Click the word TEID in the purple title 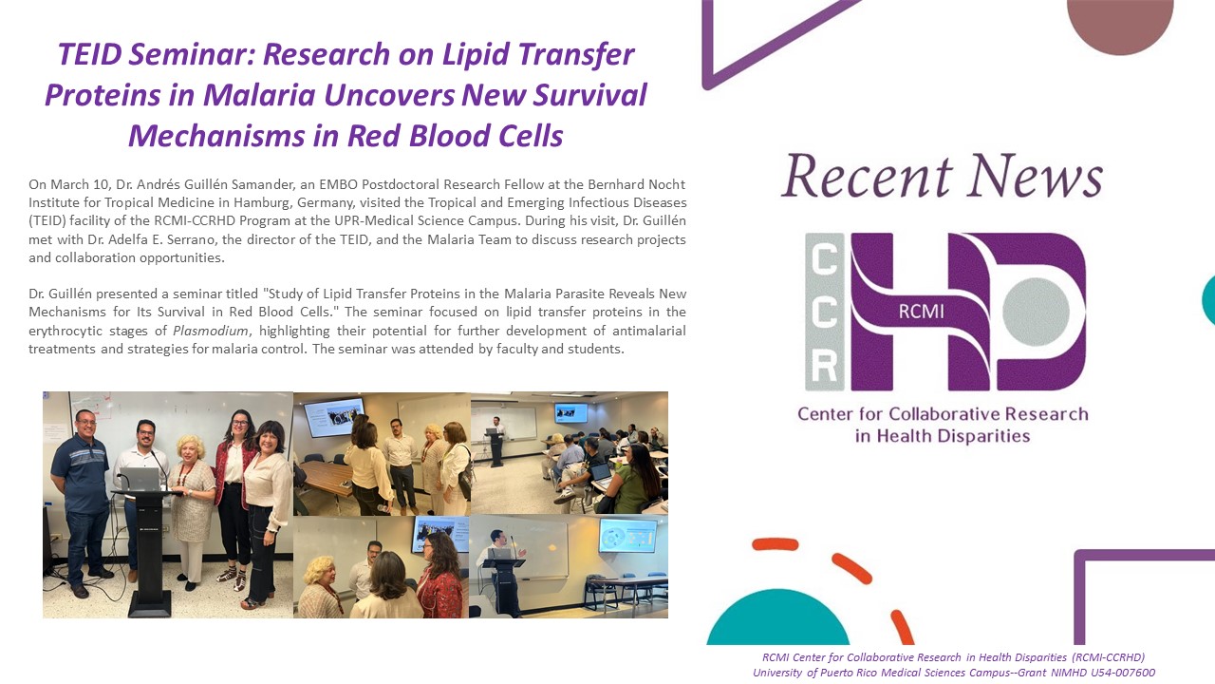click(x=89, y=54)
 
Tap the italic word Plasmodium click(x=211, y=331)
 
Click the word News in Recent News click(x=1036, y=176)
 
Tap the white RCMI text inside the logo click(x=921, y=312)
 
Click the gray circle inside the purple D click(x=1036, y=312)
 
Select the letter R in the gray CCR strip click(x=824, y=366)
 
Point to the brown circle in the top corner click(x=1119, y=25)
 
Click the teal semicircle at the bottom click(x=777, y=618)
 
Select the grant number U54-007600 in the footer click(x=1123, y=673)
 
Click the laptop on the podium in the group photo click(x=140, y=480)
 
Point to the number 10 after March click(x=101, y=184)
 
